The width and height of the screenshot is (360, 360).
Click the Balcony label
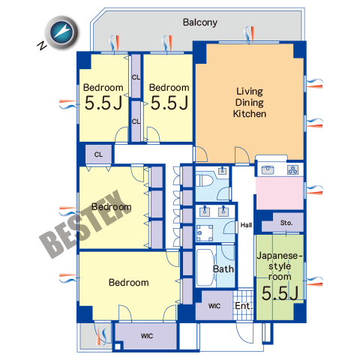point(200,22)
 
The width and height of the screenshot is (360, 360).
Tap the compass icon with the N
point(61,32)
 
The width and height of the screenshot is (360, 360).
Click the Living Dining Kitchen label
point(250,103)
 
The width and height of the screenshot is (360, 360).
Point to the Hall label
point(246,225)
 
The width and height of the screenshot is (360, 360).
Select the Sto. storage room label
point(286,223)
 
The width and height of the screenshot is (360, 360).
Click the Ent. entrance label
point(244,305)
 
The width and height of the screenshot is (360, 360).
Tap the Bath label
point(223,269)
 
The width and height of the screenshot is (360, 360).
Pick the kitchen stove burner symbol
point(292,170)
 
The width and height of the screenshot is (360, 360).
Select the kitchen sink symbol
point(268,170)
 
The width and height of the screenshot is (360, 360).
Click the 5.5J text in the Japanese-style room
point(280,293)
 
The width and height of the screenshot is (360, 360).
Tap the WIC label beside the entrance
point(214,306)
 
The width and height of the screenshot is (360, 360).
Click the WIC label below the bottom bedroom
point(147,336)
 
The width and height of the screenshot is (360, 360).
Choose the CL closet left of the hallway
point(98,154)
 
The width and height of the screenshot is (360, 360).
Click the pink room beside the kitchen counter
point(280,193)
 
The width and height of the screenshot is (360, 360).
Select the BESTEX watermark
point(85,224)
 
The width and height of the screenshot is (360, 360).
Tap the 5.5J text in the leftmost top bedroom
point(103,103)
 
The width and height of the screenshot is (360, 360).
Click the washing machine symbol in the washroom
point(204,233)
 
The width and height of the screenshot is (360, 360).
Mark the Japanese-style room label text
point(280,266)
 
